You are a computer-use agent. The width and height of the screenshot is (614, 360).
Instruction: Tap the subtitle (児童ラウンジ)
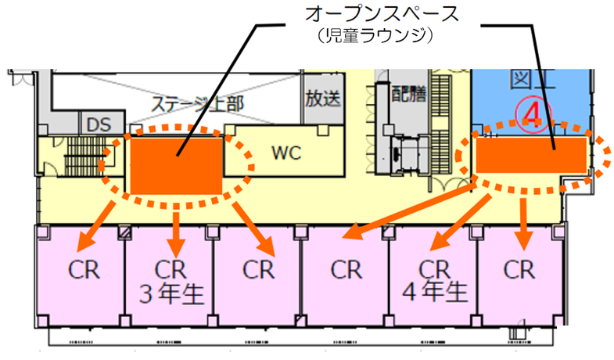(369, 37)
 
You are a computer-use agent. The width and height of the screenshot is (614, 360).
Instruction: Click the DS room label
(99, 124)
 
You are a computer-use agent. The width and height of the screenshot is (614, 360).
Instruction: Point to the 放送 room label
(321, 99)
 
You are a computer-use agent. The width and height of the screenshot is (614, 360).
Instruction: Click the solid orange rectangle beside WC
(177, 164)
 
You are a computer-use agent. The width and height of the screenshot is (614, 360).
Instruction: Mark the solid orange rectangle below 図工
(531, 154)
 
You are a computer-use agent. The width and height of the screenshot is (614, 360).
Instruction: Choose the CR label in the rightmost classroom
(519, 270)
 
